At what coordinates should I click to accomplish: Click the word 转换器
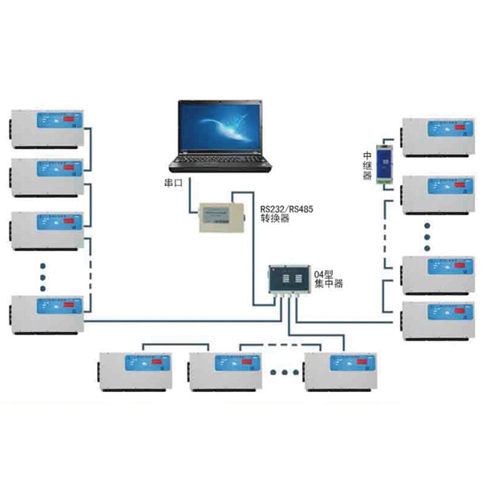(274, 220)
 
